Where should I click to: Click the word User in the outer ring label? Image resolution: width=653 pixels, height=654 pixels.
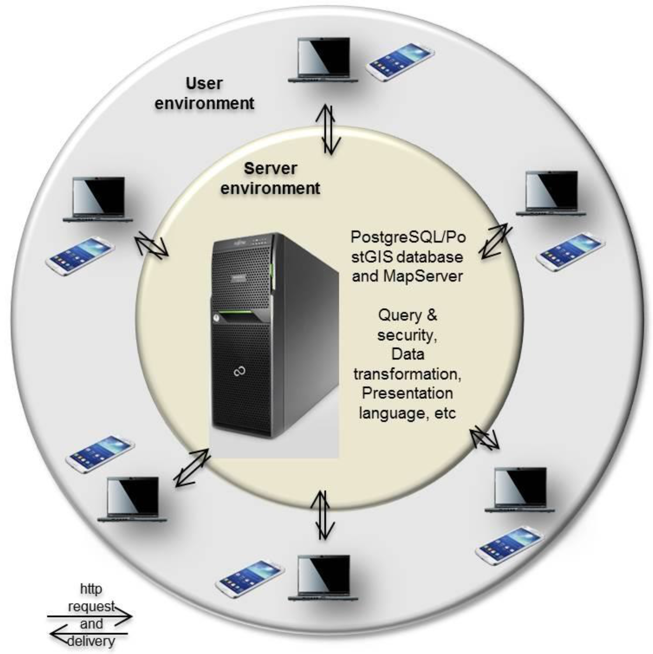(204, 84)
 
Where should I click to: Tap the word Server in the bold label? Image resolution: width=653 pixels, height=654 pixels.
(270, 168)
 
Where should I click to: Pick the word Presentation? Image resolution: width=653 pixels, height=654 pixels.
(407, 393)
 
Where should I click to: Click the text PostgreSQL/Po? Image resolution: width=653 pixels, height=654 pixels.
(408, 237)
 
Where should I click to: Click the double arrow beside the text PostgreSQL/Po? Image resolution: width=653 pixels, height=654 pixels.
(495, 241)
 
